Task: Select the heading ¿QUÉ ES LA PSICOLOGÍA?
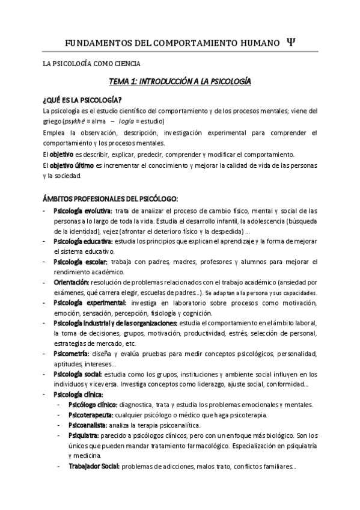tap(83, 99)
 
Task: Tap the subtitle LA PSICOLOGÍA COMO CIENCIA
tap(91, 63)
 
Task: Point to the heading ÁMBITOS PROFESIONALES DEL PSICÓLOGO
tap(110, 199)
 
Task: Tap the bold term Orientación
tap(72, 282)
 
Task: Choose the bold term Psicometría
tap(72, 354)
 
